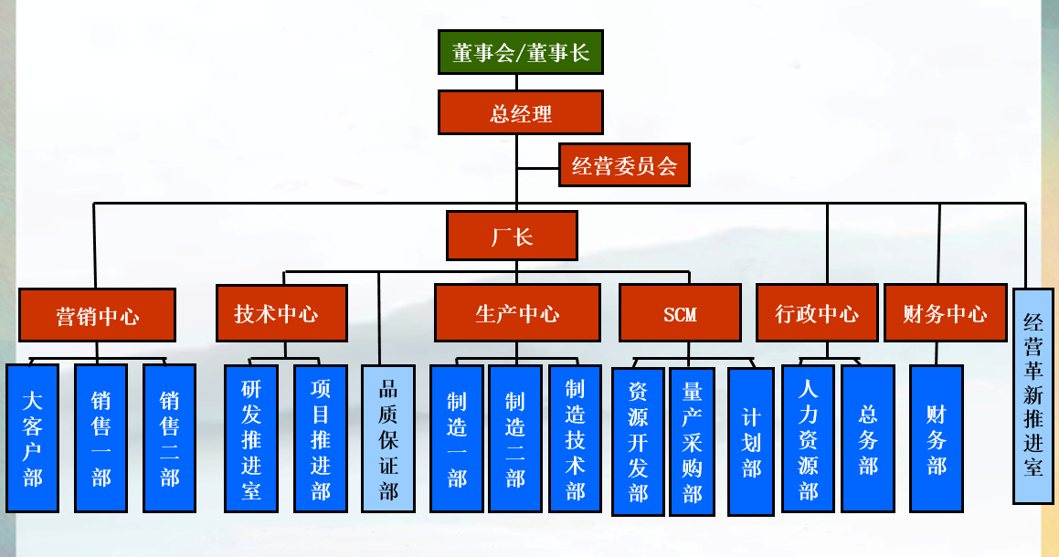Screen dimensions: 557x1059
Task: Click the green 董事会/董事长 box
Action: [521, 53]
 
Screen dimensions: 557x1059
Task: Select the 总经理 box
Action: [521, 113]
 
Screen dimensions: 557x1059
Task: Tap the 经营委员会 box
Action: [624, 165]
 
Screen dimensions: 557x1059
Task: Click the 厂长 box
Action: [512, 236]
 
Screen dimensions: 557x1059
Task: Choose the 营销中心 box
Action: [97, 315]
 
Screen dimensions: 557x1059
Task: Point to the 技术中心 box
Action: [281, 313]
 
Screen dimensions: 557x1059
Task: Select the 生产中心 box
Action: [517, 313]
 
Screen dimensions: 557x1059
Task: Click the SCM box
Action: [680, 313]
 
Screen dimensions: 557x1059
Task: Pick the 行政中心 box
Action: [817, 313]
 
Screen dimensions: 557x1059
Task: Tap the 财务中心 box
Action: [945, 313]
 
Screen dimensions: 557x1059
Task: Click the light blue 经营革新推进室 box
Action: [1033, 395]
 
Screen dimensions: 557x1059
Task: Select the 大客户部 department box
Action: [33, 438]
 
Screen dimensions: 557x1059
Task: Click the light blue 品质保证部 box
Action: [388, 438]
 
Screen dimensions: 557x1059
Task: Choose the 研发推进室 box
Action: [251, 438]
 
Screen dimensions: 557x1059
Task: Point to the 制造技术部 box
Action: [575, 438]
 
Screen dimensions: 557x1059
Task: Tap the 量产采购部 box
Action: [693, 441]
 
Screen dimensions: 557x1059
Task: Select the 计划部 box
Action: [751, 441]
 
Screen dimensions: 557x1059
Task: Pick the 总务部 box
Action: [868, 438]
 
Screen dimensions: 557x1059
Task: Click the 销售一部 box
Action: [101, 438]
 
